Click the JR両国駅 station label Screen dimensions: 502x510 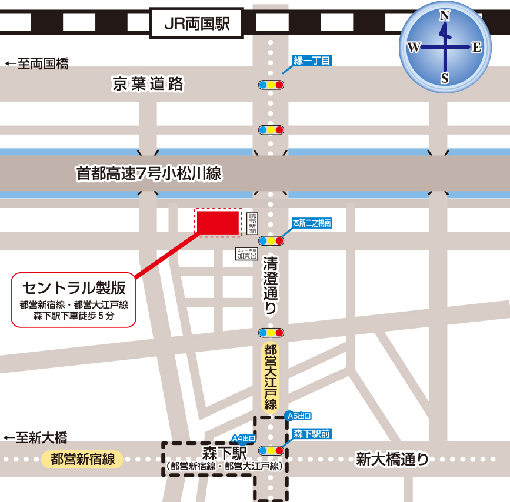point(196,24)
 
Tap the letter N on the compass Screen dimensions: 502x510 point(445,16)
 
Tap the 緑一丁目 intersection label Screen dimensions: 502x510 point(312,61)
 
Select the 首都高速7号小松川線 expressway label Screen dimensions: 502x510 point(148,173)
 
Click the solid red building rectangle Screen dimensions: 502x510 point(218,222)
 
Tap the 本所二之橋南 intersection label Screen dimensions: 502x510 point(312,223)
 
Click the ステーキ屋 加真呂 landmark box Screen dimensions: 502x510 point(247,253)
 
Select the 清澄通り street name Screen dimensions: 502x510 point(270,286)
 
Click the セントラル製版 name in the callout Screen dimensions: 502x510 point(74,287)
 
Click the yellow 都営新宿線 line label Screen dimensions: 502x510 point(82,459)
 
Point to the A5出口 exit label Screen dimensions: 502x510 point(298,416)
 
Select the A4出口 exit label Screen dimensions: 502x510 point(244,439)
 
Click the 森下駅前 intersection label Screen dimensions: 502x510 point(312,434)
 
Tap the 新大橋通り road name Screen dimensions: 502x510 point(392,460)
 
